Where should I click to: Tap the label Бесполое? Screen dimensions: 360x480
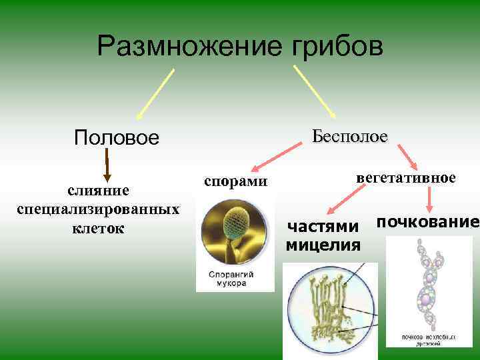(x=349, y=136)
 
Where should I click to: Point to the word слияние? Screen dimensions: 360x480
(x=98, y=191)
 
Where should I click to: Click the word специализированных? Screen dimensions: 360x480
(x=98, y=209)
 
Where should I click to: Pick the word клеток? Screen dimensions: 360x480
(x=98, y=228)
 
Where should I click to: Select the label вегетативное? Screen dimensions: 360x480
(x=406, y=178)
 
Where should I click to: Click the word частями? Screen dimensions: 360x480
(x=323, y=227)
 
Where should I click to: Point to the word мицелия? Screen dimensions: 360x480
(x=323, y=245)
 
